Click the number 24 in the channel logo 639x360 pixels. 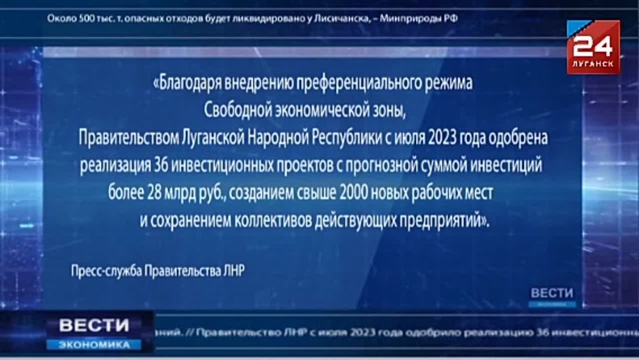coord(593,47)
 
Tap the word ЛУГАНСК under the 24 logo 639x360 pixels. coord(593,65)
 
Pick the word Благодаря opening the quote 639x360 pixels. coord(187,84)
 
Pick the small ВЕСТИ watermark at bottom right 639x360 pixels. coord(553,292)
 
